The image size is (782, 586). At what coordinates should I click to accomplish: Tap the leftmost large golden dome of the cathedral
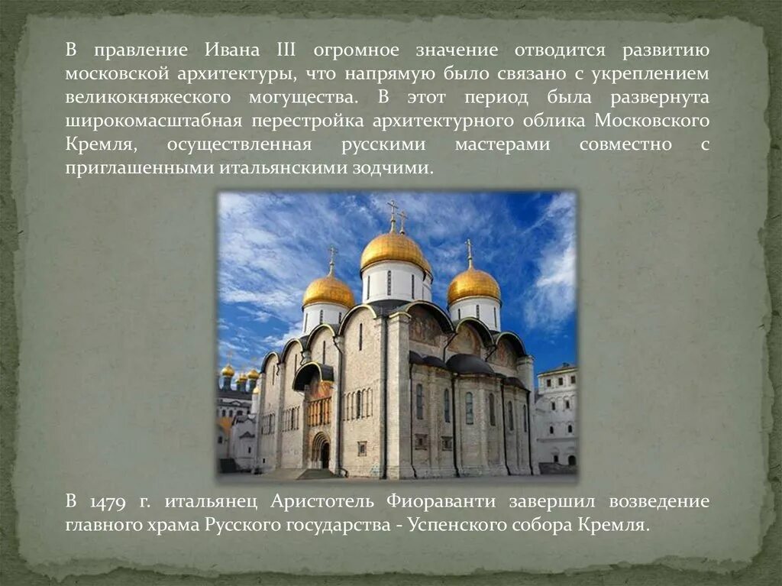click(x=328, y=291)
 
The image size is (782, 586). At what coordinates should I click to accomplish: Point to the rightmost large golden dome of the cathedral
click(x=473, y=285)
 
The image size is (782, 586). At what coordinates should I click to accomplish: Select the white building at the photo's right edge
click(x=557, y=416)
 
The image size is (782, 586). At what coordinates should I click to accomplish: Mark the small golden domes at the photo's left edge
click(x=238, y=374)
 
